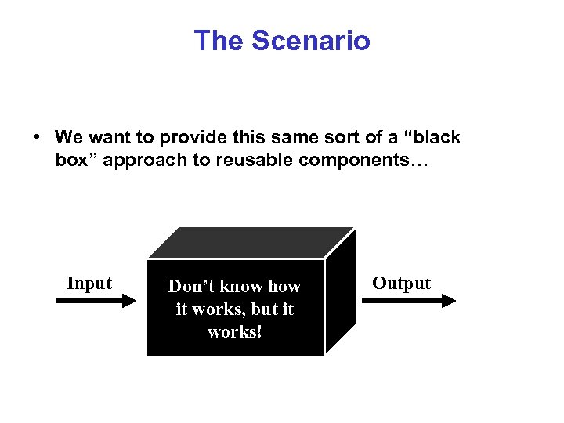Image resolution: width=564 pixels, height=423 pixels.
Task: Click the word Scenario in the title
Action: [311, 41]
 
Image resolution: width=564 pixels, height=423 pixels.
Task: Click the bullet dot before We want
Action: [37, 138]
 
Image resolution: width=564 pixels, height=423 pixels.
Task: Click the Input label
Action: [89, 284]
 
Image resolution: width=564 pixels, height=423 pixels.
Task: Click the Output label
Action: [401, 284]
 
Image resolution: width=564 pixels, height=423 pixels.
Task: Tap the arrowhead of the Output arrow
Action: [450, 300]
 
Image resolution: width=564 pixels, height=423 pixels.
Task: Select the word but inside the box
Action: [257, 309]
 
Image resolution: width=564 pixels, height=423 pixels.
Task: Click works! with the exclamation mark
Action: [235, 332]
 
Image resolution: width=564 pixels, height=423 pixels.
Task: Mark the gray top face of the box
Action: [251, 243]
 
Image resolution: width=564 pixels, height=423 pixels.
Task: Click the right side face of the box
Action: [340, 294]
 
